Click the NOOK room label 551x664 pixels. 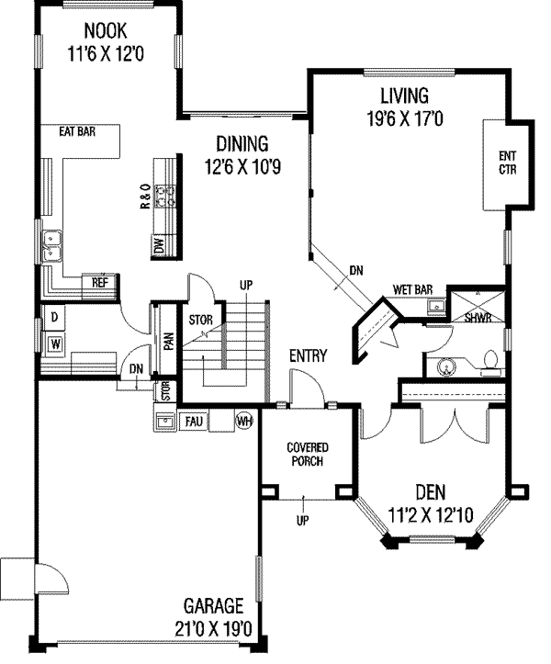click(x=105, y=31)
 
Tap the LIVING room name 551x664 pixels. click(x=404, y=96)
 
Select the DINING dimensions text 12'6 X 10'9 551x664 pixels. click(x=243, y=167)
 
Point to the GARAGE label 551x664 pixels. click(x=213, y=606)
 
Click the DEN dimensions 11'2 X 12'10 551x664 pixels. click(x=431, y=515)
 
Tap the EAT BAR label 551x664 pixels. click(x=77, y=131)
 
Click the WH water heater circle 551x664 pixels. click(x=244, y=421)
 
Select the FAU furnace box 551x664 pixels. click(x=194, y=422)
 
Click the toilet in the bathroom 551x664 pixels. click(x=490, y=363)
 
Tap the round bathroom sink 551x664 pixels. click(x=445, y=366)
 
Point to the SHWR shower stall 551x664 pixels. click(x=478, y=305)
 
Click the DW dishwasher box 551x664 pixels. click(x=159, y=245)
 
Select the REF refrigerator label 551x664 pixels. click(x=100, y=283)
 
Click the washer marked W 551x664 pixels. click(x=55, y=343)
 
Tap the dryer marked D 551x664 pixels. click(x=54, y=317)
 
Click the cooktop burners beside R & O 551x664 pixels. click(x=165, y=197)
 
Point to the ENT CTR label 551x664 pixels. click(x=507, y=163)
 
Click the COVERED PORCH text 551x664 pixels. click(x=308, y=455)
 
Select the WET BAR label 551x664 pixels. click(x=413, y=289)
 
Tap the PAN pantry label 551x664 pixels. click(x=169, y=342)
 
